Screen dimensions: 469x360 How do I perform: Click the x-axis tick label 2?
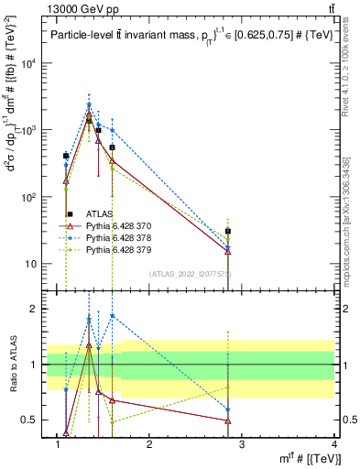pyautogui.click(x=149, y=444)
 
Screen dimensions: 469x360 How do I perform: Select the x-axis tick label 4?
pyautogui.click(x=334, y=444)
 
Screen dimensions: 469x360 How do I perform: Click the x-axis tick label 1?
pyautogui.click(x=57, y=444)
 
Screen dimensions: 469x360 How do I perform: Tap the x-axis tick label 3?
pyautogui.click(x=242, y=444)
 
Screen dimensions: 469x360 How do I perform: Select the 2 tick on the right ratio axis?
pyautogui.click(x=344, y=309)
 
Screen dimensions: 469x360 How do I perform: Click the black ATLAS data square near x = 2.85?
pyautogui.click(x=228, y=232)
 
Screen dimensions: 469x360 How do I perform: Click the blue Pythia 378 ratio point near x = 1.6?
pyautogui.click(x=112, y=316)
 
